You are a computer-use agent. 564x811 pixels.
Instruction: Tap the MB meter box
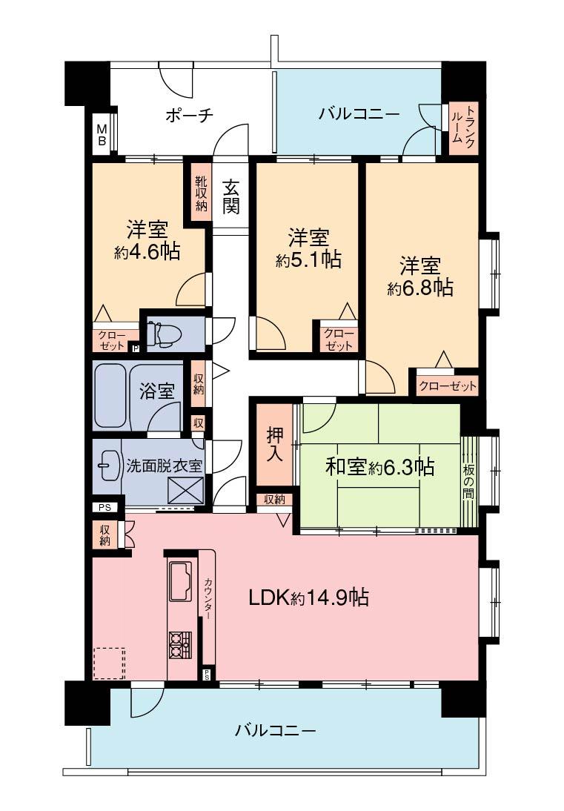pos(101,133)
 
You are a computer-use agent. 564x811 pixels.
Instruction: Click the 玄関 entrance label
pos(231,197)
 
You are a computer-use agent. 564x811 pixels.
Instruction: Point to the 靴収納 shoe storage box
pos(201,193)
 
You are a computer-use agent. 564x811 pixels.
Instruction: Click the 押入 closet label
pos(274,443)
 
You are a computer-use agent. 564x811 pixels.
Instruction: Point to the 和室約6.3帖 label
pos(379,467)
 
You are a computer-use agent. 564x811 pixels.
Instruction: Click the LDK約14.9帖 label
pos(308,598)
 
